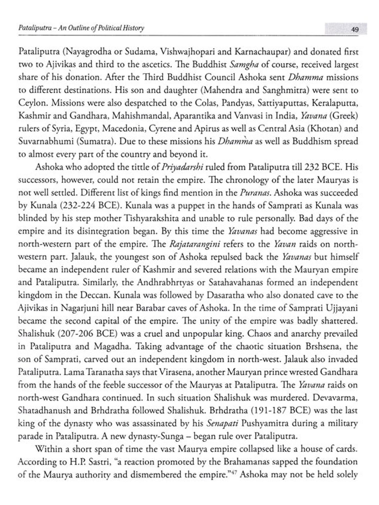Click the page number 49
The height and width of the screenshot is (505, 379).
pyautogui.click(x=355, y=30)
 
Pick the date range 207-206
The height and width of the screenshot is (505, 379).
pyautogui.click(x=76, y=334)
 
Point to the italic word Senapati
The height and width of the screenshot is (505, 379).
pyautogui.click(x=222, y=423)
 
